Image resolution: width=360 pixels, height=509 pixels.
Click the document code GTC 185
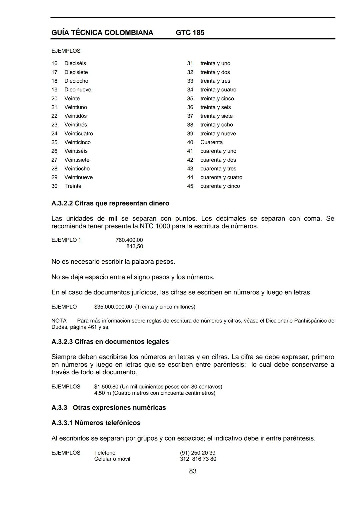190,33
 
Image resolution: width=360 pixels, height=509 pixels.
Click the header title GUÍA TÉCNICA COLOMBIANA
102,33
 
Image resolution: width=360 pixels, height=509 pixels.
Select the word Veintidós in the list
75,116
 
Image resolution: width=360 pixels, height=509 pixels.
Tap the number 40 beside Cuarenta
190,142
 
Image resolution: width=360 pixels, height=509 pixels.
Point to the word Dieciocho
76,81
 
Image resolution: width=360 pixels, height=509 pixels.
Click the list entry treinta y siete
216,116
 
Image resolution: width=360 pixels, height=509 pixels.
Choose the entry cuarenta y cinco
220,186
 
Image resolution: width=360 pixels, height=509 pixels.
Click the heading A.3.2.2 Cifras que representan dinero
110,203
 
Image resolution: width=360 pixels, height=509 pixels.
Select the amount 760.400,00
129,240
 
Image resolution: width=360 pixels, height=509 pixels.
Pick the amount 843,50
135,246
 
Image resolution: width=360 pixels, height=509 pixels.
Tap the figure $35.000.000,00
113,307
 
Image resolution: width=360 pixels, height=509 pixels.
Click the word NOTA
59,321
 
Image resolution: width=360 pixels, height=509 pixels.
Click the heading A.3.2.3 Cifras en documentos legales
110,342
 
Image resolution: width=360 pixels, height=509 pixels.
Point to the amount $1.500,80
106,387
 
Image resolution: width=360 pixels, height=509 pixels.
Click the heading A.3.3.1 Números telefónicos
96,423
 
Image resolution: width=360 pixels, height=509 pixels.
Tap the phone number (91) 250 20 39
198,453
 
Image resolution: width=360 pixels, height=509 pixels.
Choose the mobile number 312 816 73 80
198,459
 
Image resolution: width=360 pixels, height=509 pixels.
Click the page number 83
193,471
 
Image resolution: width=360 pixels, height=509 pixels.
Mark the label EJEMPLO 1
66,240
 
